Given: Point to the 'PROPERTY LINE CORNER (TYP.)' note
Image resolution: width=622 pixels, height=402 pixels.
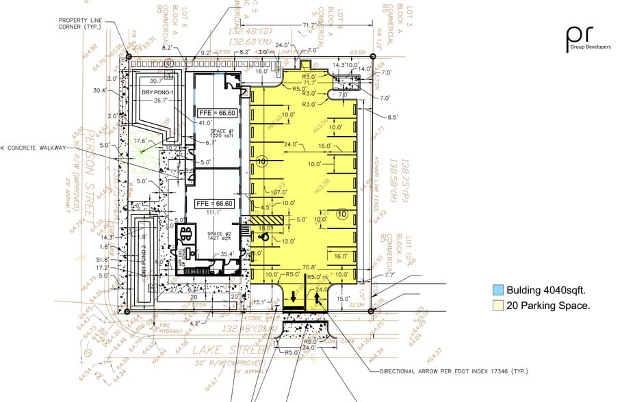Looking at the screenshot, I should (x=80, y=24).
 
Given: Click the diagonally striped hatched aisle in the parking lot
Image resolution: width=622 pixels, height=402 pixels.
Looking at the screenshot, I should (x=265, y=220).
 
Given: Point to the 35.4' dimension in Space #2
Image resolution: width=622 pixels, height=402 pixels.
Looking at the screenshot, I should (x=228, y=254).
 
